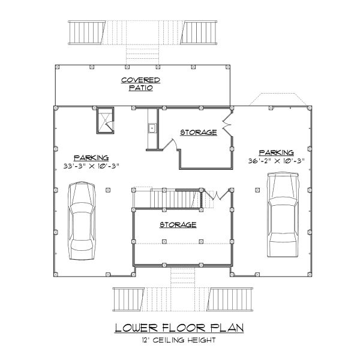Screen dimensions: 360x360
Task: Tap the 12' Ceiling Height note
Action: coord(179,340)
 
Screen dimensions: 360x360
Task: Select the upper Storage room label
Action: coord(199,132)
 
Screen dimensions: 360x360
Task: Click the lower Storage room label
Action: coord(178,224)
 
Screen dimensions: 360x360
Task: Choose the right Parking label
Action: coord(277,152)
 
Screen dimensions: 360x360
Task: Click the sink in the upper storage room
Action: coord(152,127)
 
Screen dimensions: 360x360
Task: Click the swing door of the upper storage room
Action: coord(170,144)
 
